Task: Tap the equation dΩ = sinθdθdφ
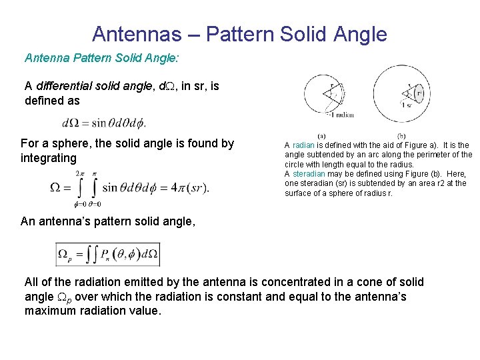103,123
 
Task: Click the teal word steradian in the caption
313,174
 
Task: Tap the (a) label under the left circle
321,135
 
